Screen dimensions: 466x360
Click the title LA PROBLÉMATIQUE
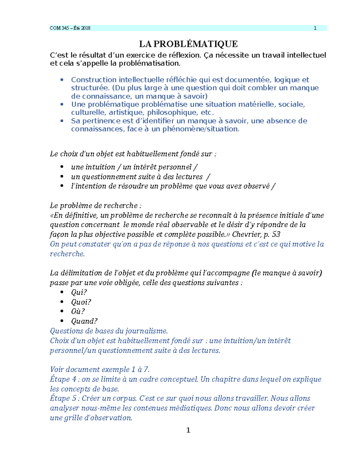point(188,44)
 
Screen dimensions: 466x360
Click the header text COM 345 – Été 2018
point(70,28)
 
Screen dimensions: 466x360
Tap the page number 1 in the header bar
point(315,28)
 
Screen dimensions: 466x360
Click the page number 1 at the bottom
point(188,430)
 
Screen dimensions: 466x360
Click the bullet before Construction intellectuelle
point(62,80)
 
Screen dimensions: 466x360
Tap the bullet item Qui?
point(79,292)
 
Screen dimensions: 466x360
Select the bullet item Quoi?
point(81,302)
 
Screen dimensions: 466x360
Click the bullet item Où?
point(78,311)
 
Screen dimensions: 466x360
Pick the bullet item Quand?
point(84,321)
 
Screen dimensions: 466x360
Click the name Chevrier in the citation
point(246,234)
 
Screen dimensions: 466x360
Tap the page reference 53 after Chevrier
point(276,234)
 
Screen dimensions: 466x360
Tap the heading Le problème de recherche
point(95,206)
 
